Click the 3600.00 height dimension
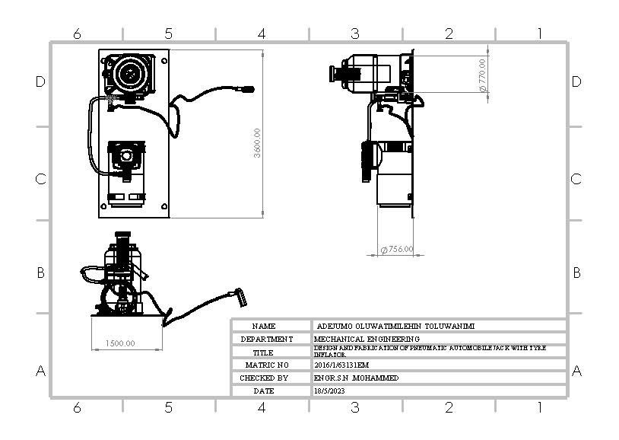(x=258, y=142)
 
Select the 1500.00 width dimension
(x=120, y=343)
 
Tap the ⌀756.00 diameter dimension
(x=397, y=249)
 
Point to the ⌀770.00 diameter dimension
(x=482, y=75)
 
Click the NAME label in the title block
(x=264, y=326)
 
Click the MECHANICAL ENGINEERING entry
(x=367, y=338)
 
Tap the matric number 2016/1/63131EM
(x=341, y=365)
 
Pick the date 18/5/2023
(x=329, y=391)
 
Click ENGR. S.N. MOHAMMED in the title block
(x=356, y=378)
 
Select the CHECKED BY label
(x=264, y=378)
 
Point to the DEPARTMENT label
(x=266, y=339)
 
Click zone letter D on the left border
(x=41, y=81)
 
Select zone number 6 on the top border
(x=77, y=33)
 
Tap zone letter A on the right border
(x=576, y=371)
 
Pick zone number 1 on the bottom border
(x=539, y=407)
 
